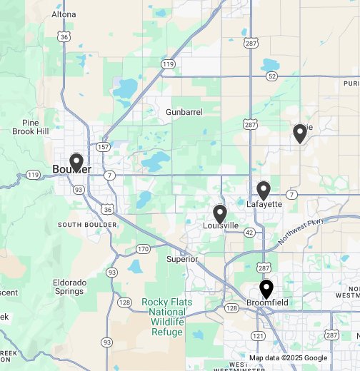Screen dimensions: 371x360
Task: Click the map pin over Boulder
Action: (x=76, y=163)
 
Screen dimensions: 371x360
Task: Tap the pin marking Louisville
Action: (x=220, y=213)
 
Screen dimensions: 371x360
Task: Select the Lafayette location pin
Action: (x=264, y=190)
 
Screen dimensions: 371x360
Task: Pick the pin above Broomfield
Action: (x=266, y=289)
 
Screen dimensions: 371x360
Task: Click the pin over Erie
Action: (x=300, y=133)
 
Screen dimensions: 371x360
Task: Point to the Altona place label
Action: (x=64, y=14)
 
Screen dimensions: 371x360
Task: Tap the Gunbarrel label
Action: (x=184, y=113)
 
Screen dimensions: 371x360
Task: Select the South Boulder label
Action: (x=87, y=225)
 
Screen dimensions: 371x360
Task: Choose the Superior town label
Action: (x=181, y=259)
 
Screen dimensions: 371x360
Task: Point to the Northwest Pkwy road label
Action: (x=301, y=232)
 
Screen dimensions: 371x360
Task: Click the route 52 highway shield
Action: (x=272, y=76)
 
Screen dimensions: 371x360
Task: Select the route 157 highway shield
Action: (x=102, y=147)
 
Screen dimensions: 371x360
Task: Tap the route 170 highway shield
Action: (x=143, y=249)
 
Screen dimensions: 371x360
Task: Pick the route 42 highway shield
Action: (x=249, y=233)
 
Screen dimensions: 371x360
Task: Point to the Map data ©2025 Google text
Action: (x=288, y=358)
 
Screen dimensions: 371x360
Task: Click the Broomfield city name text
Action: (x=267, y=303)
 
